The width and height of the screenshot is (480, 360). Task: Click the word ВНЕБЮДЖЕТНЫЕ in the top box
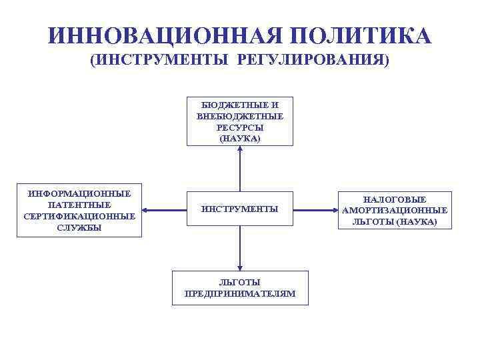click(x=240, y=116)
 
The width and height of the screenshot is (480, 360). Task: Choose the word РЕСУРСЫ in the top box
click(x=240, y=127)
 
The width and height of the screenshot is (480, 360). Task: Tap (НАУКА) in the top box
click(x=240, y=138)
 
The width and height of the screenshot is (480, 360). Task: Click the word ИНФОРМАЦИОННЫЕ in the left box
click(x=79, y=193)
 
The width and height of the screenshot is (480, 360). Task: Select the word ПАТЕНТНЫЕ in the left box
click(x=79, y=205)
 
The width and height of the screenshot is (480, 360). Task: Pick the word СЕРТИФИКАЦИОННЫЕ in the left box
click(x=79, y=216)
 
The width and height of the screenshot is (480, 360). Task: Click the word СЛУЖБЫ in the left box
click(x=79, y=227)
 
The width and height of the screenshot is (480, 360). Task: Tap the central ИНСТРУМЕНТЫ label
click(x=240, y=209)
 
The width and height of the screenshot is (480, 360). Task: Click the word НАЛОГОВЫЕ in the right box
click(x=395, y=199)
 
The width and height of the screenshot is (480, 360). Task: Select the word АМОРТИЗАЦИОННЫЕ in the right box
click(x=395, y=211)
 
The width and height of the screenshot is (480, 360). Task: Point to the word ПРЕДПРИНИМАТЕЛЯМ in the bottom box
click(x=240, y=293)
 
